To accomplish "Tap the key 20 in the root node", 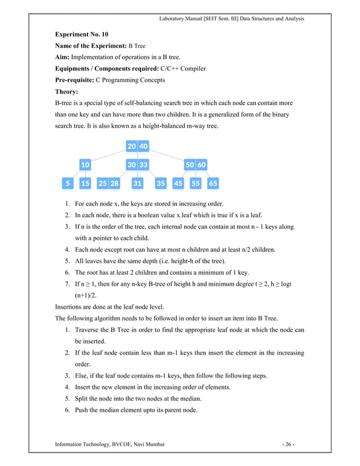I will [x=131, y=146].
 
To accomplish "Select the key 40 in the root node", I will [x=144, y=146].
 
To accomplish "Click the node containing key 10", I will [x=85, y=165].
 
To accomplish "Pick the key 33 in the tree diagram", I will [x=144, y=165].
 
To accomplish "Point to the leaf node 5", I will [x=68, y=183].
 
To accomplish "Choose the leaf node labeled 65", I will [x=213, y=183].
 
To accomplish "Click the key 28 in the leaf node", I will [x=115, y=183].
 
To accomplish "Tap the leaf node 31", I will [x=137, y=183].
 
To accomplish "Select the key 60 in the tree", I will [x=201, y=165].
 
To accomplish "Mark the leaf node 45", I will [x=178, y=183].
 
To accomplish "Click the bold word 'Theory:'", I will [x=66, y=91].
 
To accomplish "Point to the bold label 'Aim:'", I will [x=62, y=58].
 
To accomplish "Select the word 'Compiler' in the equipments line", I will [x=192, y=69].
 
